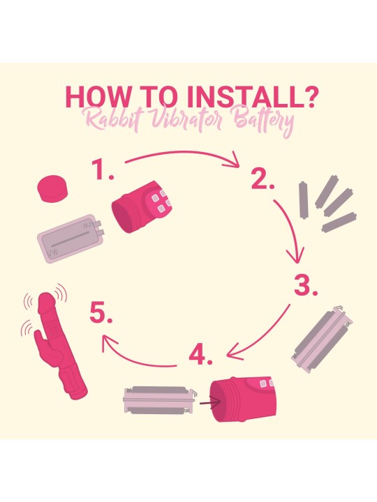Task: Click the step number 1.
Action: [x=102, y=169]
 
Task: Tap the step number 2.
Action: [x=263, y=179]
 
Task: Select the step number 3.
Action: [x=306, y=285]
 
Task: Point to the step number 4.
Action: [x=200, y=356]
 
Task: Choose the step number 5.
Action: [x=101, y=313]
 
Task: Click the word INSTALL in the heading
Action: [x=244, y=96]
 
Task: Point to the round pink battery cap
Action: [x=52, y=188]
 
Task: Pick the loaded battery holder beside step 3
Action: [x=322, y=339]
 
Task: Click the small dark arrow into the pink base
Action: [x=210, y=402]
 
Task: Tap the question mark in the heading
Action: [x=310, y=96]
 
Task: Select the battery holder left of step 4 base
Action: [x=160, y=400]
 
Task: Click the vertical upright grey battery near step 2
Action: [x=303, y=199]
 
